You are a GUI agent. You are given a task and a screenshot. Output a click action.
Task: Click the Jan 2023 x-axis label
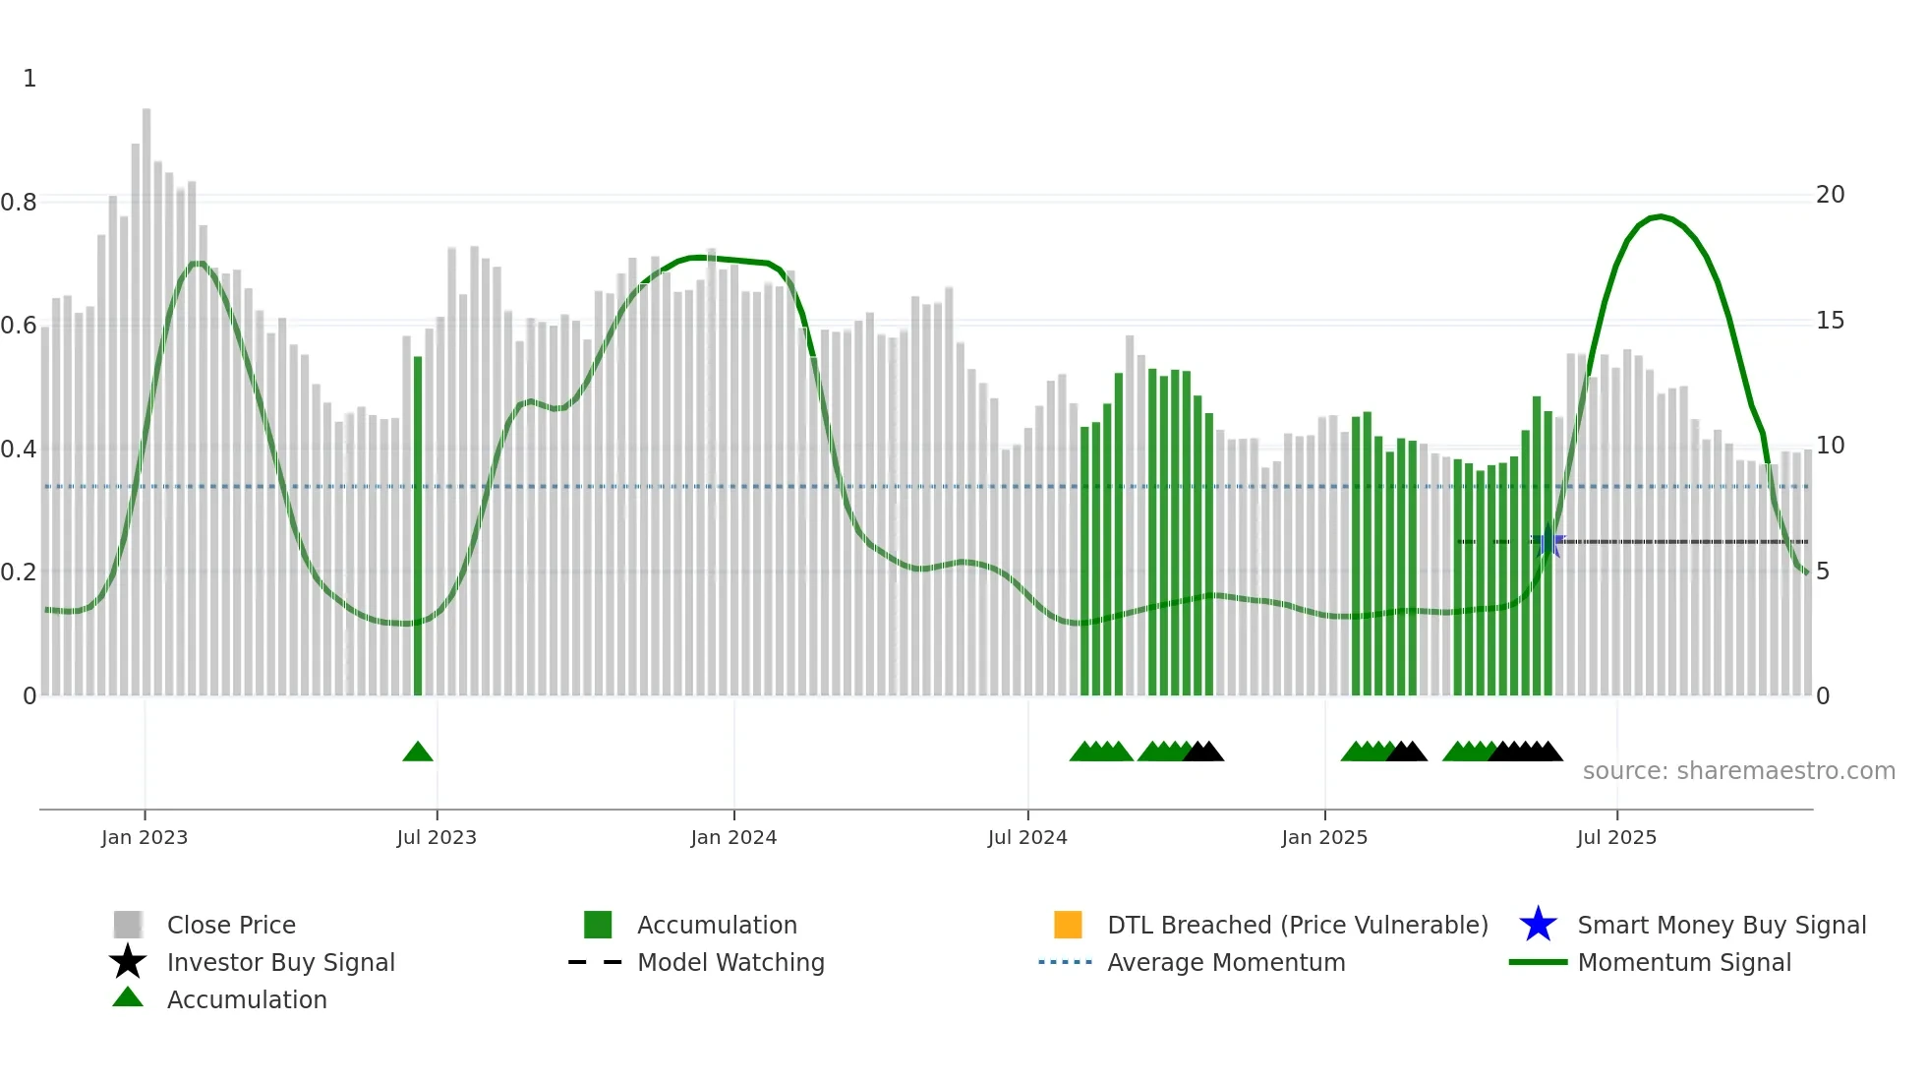pos(144,837)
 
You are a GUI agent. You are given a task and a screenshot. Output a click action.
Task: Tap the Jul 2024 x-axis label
pos(1027,837)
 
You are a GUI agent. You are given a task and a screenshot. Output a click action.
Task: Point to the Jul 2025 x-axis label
pos(1616,837)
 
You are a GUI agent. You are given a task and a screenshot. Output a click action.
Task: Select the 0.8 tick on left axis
pos(19,203)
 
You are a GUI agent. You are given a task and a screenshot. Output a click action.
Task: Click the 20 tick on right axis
pos(1830,195)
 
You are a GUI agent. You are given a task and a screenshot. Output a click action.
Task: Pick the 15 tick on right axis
pos(1830,321)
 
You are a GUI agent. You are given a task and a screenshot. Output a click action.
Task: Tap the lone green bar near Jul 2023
pos(418,531)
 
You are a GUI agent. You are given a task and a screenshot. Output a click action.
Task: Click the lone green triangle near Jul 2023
pos(418,753)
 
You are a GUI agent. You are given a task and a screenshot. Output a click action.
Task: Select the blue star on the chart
pos(1547,541)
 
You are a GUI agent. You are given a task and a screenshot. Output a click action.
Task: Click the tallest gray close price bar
pos(146,393)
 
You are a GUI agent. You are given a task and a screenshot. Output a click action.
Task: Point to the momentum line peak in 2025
pos(1661,216)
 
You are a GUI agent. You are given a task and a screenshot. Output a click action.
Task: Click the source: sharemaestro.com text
pos(1738,771)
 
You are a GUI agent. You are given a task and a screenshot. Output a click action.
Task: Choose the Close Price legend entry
pos(231,925)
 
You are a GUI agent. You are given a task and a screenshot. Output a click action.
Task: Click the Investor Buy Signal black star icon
pos(128,962)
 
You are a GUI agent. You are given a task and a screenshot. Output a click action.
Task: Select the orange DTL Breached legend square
pos(1068,925)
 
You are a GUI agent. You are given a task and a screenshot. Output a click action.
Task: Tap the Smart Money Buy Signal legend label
pos(1721,925)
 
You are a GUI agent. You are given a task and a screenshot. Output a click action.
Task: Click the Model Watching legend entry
pos(730,962)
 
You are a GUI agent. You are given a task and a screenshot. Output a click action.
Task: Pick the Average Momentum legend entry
pos(1225,962)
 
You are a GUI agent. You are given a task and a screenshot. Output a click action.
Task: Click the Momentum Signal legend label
pos(1683,962)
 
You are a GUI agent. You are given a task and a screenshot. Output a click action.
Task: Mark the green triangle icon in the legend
pos(128,998)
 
